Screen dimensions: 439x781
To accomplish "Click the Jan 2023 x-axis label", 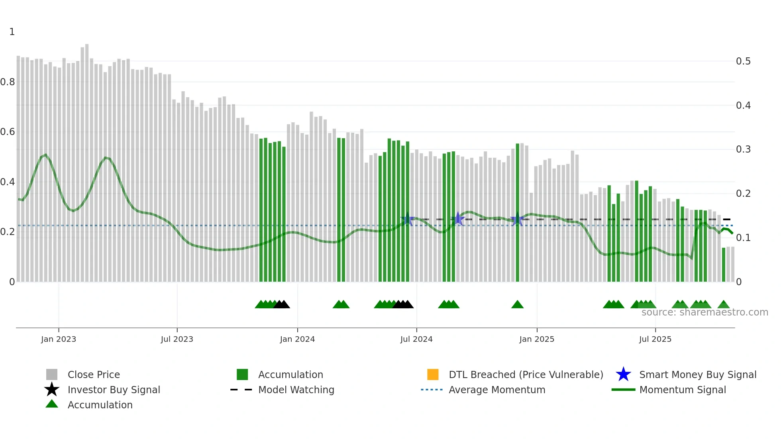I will (58, 339).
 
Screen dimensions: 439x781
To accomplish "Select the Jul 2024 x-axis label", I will (416, 339).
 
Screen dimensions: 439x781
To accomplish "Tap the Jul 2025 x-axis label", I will (655, 339).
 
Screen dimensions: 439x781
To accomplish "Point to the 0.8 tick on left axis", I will (8, 82).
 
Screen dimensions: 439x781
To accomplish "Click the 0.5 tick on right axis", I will (743, 61).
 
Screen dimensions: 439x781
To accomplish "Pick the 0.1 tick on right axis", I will (743, 238).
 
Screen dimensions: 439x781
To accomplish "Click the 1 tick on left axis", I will (12, 32).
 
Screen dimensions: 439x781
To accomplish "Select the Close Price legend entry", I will (93, 374).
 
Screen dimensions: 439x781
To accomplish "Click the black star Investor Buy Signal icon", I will (52, 390).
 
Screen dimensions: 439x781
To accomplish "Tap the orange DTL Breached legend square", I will (433, 374).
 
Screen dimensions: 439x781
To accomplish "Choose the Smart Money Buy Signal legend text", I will (697, 374).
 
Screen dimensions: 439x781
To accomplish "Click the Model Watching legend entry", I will (296, 390).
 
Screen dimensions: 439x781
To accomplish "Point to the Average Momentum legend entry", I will (496, 390).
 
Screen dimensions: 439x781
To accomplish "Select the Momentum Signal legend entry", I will (682, 390).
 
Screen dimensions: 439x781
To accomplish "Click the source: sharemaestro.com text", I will (704, 312).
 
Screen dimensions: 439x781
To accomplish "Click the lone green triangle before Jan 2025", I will (517, 305).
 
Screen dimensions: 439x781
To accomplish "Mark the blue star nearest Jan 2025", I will (517, 219).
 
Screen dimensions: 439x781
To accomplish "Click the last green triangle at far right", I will (724, 305).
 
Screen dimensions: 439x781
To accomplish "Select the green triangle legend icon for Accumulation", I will (52, 404).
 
